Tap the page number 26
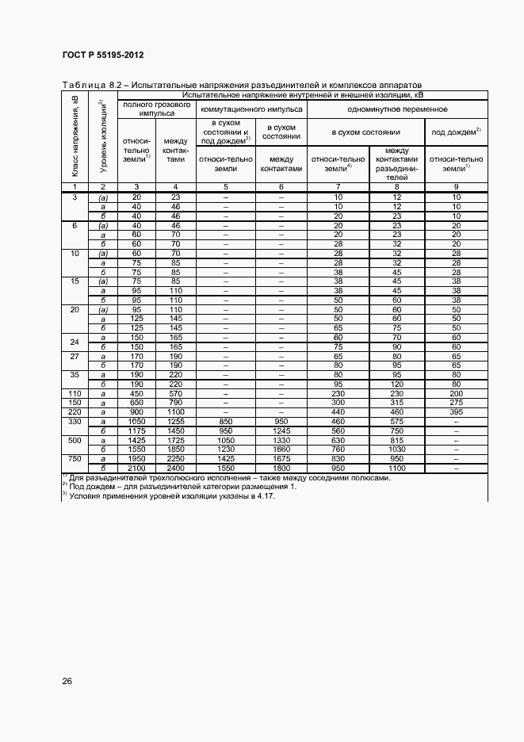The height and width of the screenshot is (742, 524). pyautogui.click(x=67, y=680)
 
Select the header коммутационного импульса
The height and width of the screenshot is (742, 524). pyautogui.click(x=251, y=109)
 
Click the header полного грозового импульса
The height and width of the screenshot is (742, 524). pyautogui.click(x=155, y=109)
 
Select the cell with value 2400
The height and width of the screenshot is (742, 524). pyautogui.click(x=175, y=469)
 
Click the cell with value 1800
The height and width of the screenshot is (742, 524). pyautogui.click(x=281, y=469)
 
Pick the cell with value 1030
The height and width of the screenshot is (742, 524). pyautogui.click(x=396, y=449)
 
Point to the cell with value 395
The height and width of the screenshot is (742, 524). pyautogui.click(x=456, y=412)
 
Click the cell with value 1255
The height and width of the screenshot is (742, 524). pyautogui.click(x=175, y=422)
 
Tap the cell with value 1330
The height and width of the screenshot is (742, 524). pyautogui.click(x=281, y=440)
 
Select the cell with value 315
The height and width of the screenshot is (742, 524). pyautogui.click(x=396, y=404)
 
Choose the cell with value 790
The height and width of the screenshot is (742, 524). pyautogui.click(x=175, y=404)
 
